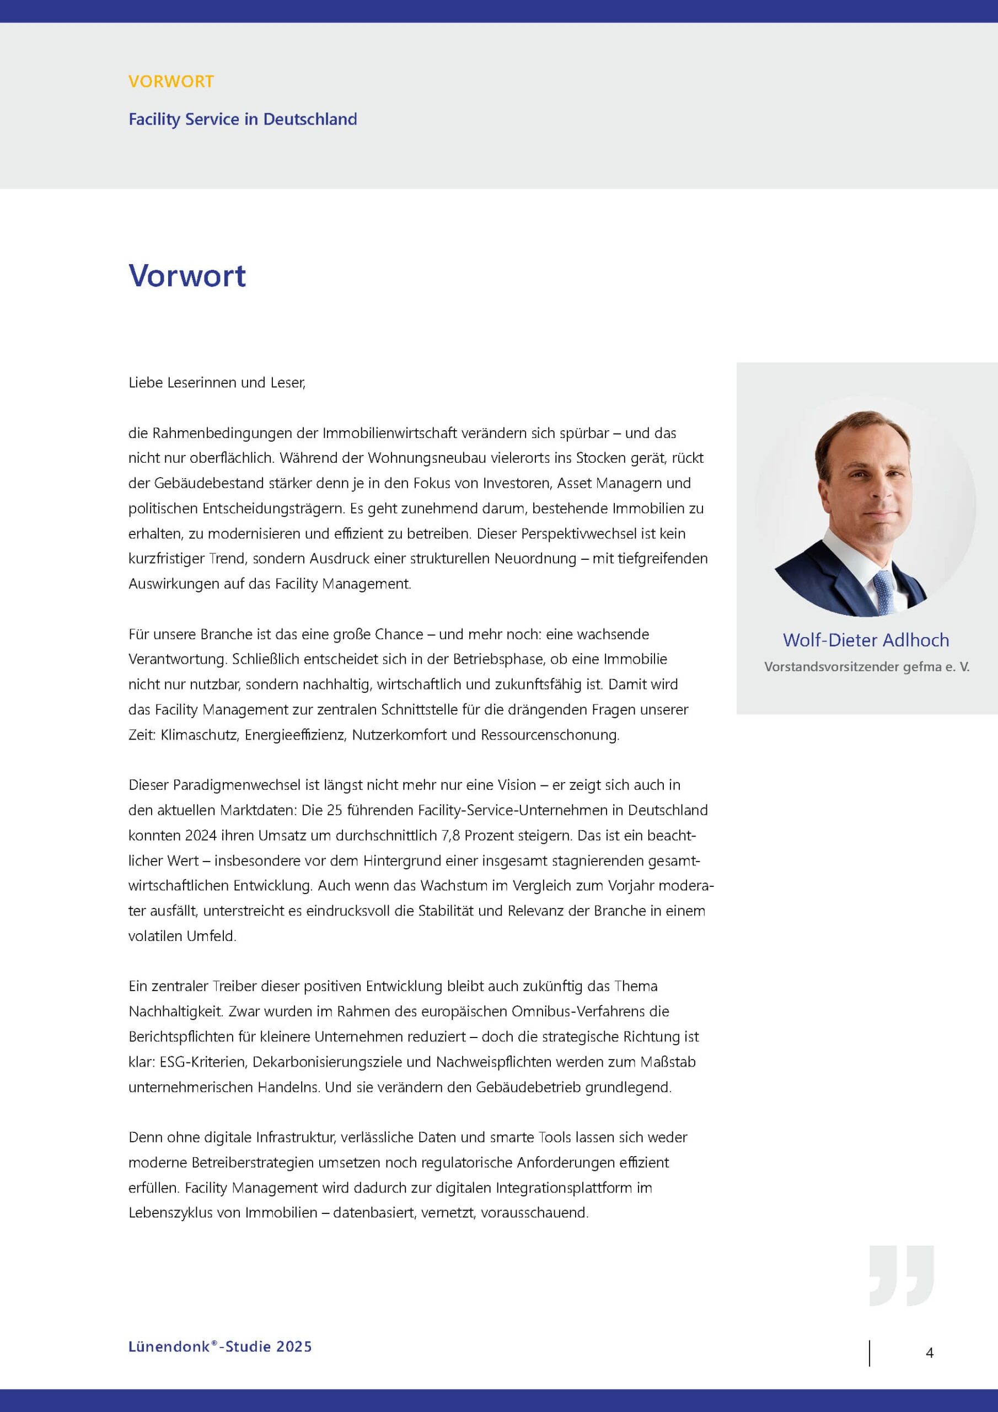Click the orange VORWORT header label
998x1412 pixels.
171,81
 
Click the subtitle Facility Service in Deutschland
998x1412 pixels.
242,119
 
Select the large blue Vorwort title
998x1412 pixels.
187,276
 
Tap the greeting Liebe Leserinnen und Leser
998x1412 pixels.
217,383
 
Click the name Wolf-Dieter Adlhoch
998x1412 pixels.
865,640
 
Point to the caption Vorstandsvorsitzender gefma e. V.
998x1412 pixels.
866,667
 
